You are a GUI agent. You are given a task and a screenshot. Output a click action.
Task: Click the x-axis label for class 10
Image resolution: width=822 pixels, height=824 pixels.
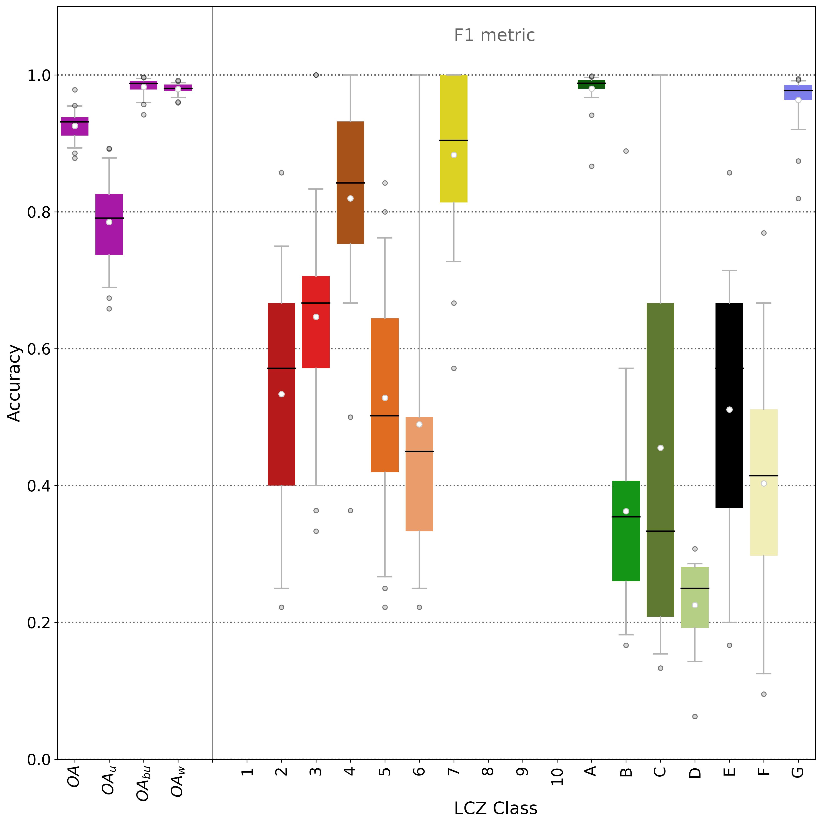(557, 776)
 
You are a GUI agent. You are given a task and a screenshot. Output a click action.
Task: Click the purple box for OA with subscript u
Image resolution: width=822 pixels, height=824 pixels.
(109, 239)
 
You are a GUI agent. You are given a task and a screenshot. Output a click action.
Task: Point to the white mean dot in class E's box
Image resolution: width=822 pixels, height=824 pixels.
(729, 410)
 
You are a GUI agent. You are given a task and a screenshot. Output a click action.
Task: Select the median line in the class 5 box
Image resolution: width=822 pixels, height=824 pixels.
(385, 415)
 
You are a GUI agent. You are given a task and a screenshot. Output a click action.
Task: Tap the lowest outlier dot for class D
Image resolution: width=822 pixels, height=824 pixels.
(695, 716)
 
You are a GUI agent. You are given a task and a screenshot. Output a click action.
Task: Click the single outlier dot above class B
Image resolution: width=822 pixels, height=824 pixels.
(626, 151)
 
